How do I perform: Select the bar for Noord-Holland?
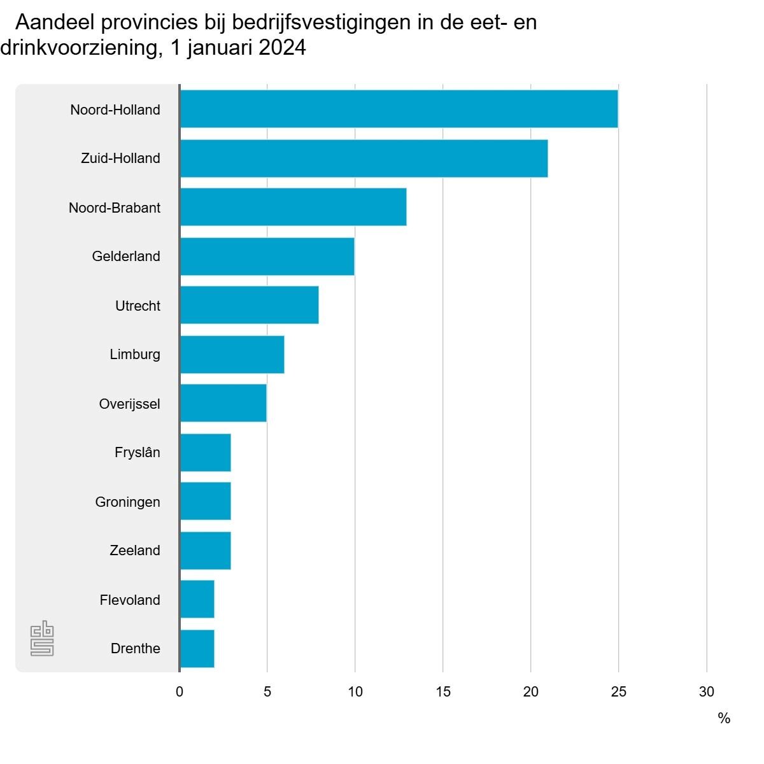[x=399, y=109]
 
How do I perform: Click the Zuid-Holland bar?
[x=364, y=158]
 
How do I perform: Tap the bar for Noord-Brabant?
[x=293, y=207]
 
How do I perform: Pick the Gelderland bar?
[x=267, y=256]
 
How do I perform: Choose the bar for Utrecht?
[x=249, y=305]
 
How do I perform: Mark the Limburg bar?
[x=232, y=354]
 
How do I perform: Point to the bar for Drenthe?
[x=197, y=648]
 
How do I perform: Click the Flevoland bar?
[x=197, y=599]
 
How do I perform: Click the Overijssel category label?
[x=129, y=404]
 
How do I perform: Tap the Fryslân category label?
[x=137, y=453]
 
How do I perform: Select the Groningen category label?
[x=127, y=502]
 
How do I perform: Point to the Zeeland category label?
[x=134, y=550]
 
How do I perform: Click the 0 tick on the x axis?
[x=180, y=691]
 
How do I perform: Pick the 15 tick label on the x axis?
[x=443, y=691]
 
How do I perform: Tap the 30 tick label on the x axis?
[x=707, y=691]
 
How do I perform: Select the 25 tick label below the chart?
[x=619, y=691]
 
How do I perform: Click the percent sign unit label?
[x=724, y=718]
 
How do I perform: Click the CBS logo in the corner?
[x=42, y=639]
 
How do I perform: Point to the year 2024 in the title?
[x=282, y=48]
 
